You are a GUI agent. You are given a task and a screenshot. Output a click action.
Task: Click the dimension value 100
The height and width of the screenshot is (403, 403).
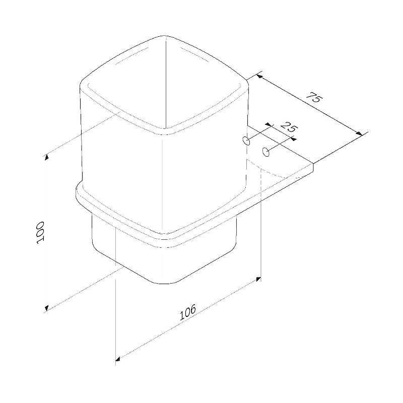pos(40,233)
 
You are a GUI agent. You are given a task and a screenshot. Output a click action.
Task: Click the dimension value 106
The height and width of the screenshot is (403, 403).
pos(187,312)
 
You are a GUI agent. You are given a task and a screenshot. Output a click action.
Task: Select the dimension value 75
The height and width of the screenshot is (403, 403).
pos(314,97)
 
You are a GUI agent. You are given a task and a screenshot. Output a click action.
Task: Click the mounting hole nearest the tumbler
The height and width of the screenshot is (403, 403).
pos(246,141)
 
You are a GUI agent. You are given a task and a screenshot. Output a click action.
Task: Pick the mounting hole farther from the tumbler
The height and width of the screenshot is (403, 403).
pos(266,152)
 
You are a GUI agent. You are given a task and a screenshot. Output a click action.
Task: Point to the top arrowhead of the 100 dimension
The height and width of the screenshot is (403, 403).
pos(46,157)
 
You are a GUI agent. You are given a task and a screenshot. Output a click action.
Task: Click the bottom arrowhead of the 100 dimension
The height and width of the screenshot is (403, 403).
pos(46,308)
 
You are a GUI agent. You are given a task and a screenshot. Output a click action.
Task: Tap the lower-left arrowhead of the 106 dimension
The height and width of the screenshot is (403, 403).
pos(118,359)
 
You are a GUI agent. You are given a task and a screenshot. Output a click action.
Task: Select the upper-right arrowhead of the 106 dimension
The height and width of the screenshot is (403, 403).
pos(258,279)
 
